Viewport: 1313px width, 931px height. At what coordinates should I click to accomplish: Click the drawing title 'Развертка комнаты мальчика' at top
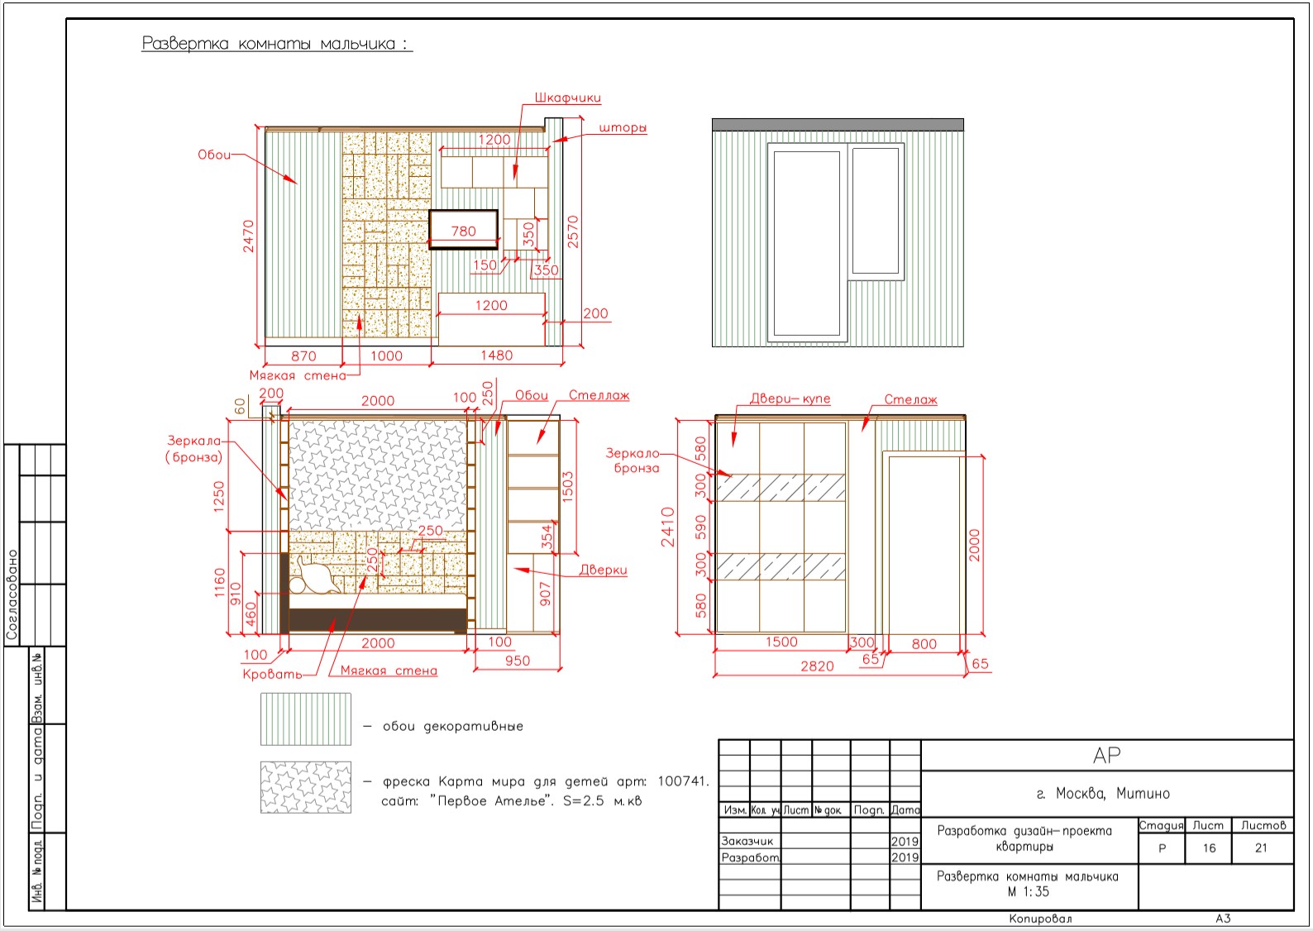(x=277, y=43)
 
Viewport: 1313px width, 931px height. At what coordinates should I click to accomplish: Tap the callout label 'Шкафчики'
(x=567, y=98)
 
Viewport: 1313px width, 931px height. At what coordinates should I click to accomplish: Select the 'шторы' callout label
(x=623, y=128)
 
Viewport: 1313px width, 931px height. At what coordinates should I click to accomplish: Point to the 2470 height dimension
(x=249, y=236)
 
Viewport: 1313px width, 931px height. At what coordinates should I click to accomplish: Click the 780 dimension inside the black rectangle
(x=463, y=231)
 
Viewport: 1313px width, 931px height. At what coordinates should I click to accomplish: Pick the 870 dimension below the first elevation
(x=303, y=356)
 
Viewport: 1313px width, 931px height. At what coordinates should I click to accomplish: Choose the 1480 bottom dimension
(x=496, y=356)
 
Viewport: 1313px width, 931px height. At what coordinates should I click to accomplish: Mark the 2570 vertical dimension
(x=573, y=232)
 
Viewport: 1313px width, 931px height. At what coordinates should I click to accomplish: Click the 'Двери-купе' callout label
(x=790, y=399)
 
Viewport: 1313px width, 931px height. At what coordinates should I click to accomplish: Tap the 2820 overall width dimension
(x=817, y=666)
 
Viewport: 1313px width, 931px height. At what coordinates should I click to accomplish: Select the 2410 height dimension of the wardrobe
(x=667, y=527)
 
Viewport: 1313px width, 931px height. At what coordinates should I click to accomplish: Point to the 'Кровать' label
(x=272, y=674)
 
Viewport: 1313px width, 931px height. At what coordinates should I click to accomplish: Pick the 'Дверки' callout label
(x=603, y=570)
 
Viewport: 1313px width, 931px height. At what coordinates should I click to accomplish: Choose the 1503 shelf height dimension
(x=567, y=487)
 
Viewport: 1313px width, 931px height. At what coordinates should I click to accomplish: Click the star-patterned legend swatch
(x=306, y=787)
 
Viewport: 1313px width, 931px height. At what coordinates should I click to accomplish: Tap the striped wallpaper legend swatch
(x=306, y=719)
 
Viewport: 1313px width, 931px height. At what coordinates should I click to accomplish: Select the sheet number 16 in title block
(x=1209, y=847)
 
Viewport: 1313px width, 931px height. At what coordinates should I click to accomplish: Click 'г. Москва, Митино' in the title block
(x=1103, y=793)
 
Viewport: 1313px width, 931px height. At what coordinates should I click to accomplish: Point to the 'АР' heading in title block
(x=1106, y=755)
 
